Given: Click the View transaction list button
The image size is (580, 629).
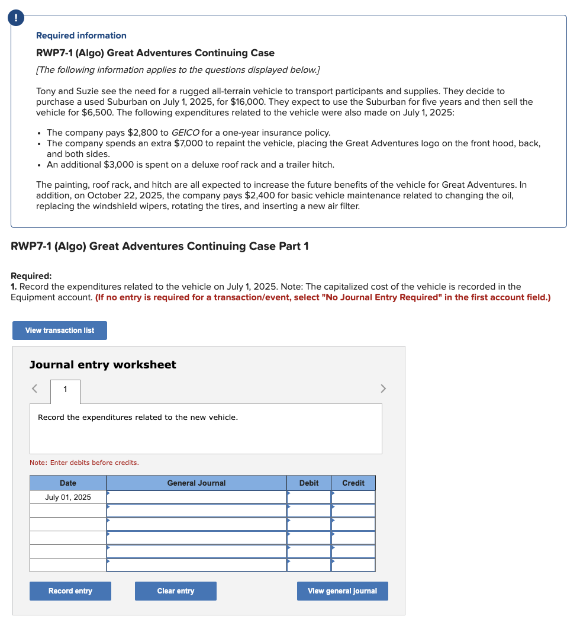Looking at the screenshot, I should pyautogui.click(x=60, y=330).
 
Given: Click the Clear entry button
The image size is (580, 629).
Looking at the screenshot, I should pyautogui.click(x=175, y=591).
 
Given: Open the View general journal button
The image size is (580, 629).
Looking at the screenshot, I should pyautogui.click(x=342, y=591).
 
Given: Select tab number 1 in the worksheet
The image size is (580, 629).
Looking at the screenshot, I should pyautogui.click(x=65, y=389).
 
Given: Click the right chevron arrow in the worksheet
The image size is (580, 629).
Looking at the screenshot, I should pyautogui.click(x=383, y=389).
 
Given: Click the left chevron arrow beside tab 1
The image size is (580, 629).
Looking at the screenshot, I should pyautogui.click(x=35, y=389).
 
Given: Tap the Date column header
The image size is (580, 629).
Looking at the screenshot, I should pyautogui.click(x=68, y=483).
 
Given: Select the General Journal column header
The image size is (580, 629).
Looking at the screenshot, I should pyautogui.click(x=196, y=483).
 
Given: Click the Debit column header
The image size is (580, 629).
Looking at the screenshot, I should pyautogui.click(x=309, y=483).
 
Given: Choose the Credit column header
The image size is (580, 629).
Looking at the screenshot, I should pyautogui.click(x=353, y=483).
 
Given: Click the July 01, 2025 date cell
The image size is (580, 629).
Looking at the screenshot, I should pyautogui.click(x=68, y=498).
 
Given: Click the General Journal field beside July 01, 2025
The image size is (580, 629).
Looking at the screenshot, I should pyautogui.click(x=196, y=498).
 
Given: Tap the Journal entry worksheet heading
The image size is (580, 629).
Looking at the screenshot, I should pyautogui.click(x=103, y=365).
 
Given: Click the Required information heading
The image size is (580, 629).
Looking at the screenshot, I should pyautogui.click(x=81, y=36).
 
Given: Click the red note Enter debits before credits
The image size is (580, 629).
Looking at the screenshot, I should pyautogui.click(x=84, y=463).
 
